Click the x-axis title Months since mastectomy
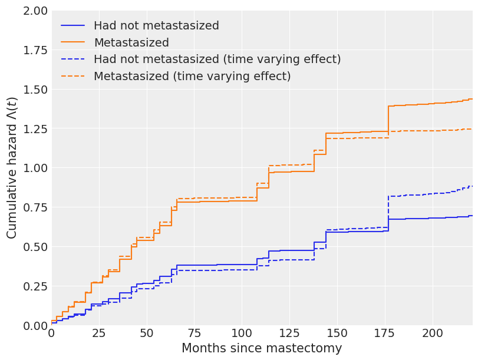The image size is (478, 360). click(x=262, y=348)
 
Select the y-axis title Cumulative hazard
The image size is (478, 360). click(x=12, y=168)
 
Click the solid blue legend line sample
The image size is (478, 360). click(x=73, y=26)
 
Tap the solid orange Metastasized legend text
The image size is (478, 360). click(x=131, y=43)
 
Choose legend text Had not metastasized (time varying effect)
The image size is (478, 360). click(x=217, y=60)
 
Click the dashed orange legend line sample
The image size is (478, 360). click(x=73, y=77)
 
